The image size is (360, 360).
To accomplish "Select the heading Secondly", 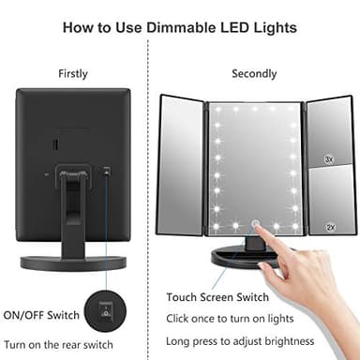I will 254,73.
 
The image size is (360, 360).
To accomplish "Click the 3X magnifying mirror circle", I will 329,160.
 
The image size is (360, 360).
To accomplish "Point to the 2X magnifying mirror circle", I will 329,227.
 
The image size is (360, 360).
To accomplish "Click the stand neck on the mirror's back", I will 75,206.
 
